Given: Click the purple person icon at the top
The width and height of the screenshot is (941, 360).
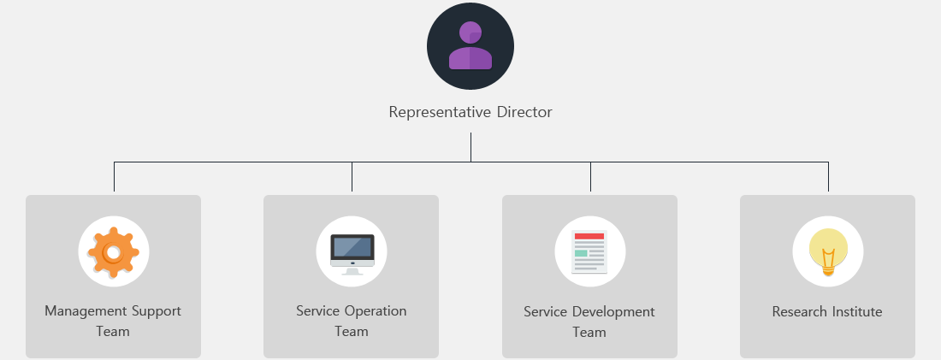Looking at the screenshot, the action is click(x=470, y=45).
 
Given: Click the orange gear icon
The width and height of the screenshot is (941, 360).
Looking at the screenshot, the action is click(x=114, y=252).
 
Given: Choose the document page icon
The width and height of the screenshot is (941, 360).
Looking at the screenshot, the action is click(x=589, y=252).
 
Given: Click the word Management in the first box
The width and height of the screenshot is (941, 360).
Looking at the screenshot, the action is click(x=86, y=311).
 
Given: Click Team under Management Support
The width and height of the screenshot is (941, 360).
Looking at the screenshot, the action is click(x=113, y=331).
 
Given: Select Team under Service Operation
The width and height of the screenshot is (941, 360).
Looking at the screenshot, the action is click(x=352, y=331).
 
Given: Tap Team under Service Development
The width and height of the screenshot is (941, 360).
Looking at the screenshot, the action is click(x=589, y=332).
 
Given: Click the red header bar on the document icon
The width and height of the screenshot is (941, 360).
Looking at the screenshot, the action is click(x=589, y=236).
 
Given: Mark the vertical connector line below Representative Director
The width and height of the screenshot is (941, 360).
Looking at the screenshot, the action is click(x=470, y=147).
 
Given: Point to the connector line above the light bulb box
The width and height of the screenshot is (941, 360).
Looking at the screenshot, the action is click(x=828, y=176).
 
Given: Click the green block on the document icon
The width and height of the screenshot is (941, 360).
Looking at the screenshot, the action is click(x=581, y=253).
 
